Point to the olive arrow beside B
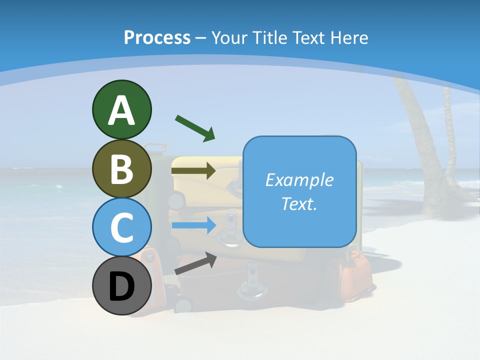click(x=193, y=171)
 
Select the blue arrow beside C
click(x=193, y=225)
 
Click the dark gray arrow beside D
click(x=195, y=263)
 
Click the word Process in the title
click(x=157, y=38)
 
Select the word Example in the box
click(x=299, y=180)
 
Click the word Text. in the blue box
click(x=299, y=203)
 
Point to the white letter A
click(x=121, y=110)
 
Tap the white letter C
click(x=121, y=227)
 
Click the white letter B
click(x=121, y=169)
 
